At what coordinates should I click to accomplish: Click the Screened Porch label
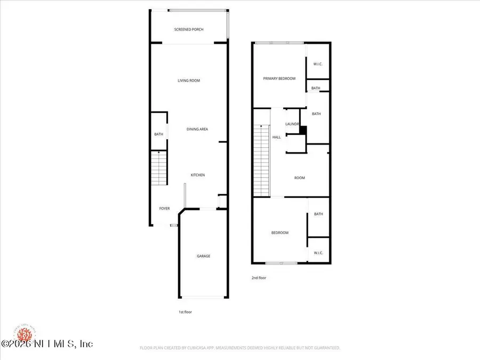point(189,29)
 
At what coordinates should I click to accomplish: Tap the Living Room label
point(189,81)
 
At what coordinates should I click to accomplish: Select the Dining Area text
point(197,129)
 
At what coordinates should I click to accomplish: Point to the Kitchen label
point(198,175)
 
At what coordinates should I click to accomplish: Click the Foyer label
point(165,209)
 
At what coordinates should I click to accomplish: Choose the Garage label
point(203,256)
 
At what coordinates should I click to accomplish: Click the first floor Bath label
point(158,134)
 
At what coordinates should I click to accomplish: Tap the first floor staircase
point(159,168)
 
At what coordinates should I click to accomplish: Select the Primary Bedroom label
point(279,78)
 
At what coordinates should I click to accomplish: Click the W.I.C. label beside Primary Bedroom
point(318,64)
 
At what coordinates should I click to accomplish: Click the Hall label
point(276,137)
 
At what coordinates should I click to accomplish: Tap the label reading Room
point(300,178)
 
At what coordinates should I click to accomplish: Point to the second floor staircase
point(261,160)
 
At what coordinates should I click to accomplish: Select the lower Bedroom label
point(279,233)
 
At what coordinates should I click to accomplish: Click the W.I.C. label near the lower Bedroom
point(318,253)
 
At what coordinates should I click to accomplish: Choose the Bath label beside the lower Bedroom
point(318,214)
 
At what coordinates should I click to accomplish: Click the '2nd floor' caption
point(259,278)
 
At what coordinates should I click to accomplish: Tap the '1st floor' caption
point(185,312)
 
